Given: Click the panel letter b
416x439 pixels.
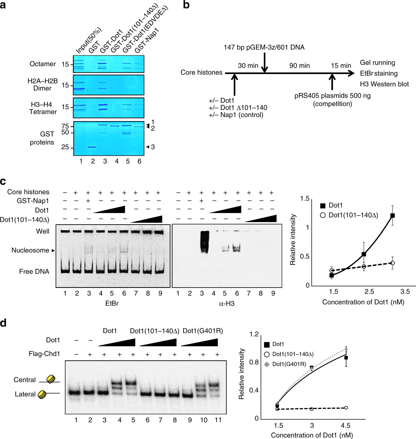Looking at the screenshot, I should [186, 5].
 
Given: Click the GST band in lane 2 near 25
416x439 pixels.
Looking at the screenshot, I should [92, 147].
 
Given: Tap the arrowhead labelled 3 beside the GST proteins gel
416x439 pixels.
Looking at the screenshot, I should [147, 147].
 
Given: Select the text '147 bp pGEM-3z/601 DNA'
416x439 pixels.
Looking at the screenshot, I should [264, 47].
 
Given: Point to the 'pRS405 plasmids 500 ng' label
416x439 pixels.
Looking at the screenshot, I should [332, 96].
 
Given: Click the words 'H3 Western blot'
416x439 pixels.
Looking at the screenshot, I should [384, 84].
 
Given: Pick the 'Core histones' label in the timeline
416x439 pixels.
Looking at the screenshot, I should [201, 72].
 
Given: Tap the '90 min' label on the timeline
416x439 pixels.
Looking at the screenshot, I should [299, 66].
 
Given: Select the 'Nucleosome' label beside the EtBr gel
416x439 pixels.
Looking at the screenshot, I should [30, 250].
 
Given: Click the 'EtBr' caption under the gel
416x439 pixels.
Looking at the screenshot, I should [112, 303].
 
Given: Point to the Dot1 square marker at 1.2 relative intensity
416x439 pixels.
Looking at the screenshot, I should [393, 216].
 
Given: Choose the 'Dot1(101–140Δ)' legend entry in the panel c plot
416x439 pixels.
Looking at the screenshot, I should [353, 215].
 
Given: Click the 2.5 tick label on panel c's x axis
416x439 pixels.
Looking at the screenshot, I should [369, 292].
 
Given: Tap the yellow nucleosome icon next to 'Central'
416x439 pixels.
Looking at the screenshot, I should [51, 379].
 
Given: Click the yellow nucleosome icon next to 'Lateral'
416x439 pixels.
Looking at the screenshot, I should [42, 394].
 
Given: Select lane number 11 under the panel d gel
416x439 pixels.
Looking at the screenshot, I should [218, 420].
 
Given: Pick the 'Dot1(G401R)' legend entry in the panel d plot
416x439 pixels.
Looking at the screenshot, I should [289, 364].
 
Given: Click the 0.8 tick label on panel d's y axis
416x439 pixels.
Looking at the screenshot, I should [254, 362].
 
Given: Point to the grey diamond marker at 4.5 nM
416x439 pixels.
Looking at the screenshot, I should [346, 349].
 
